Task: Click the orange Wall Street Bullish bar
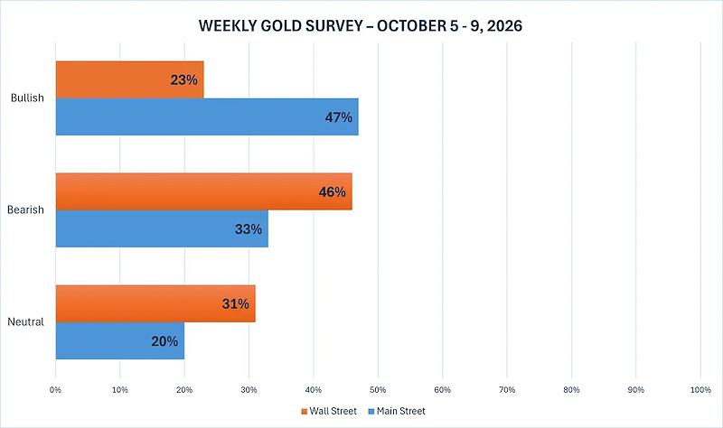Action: click(129, 79)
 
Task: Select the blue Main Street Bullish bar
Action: click(207, 117)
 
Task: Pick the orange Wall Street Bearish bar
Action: click(204, 191)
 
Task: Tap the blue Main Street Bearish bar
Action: click(162, 228)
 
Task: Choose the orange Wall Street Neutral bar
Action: click(155, 303)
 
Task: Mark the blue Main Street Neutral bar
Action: click(120, 341)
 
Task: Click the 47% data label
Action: click(338, 117)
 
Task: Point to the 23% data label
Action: click(184, 80)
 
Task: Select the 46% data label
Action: click(332, 192)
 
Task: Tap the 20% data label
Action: click(164, 341)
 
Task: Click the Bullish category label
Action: click(27, 98)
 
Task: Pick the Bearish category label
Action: click(25, 209)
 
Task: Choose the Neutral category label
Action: click(25, 321)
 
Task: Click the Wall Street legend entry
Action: click(329, 411)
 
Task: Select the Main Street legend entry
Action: click(397, 411)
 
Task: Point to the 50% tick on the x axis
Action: click(378, 390)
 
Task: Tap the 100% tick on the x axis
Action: click(700, 390)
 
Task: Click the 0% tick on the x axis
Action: click(55, 390)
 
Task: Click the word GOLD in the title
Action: click(278, 25)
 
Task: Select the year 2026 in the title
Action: click(504, 25)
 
